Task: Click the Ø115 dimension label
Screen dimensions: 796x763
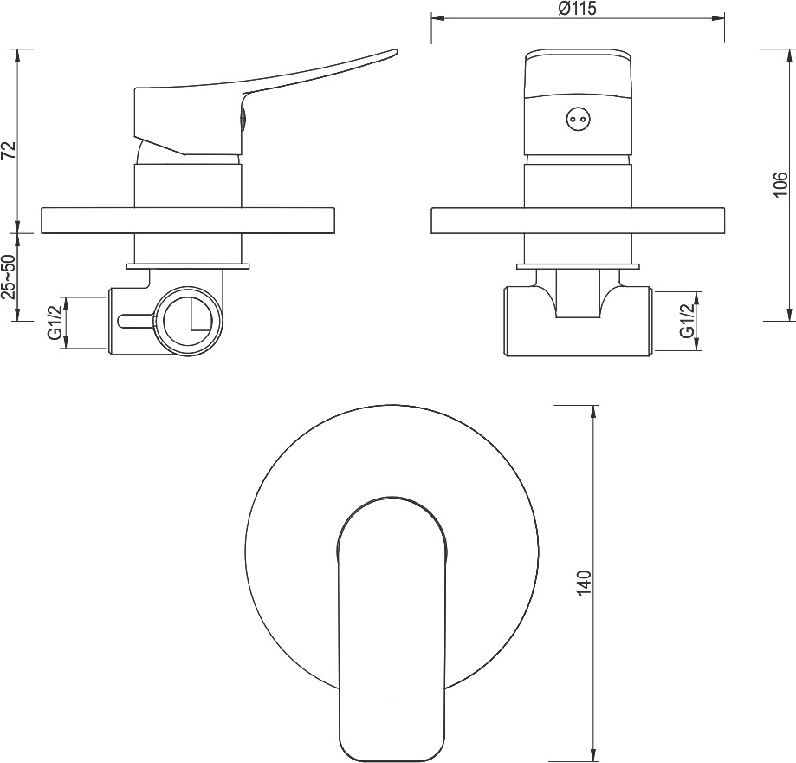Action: click(x=576, y=9)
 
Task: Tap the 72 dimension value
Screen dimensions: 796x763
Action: click(x=10, y=151)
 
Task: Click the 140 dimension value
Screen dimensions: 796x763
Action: click(x=585, y=584)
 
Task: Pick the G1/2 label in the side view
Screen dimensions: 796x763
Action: click(x=55, y=320)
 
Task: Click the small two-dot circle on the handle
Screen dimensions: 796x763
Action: click(x=578, y=120)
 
